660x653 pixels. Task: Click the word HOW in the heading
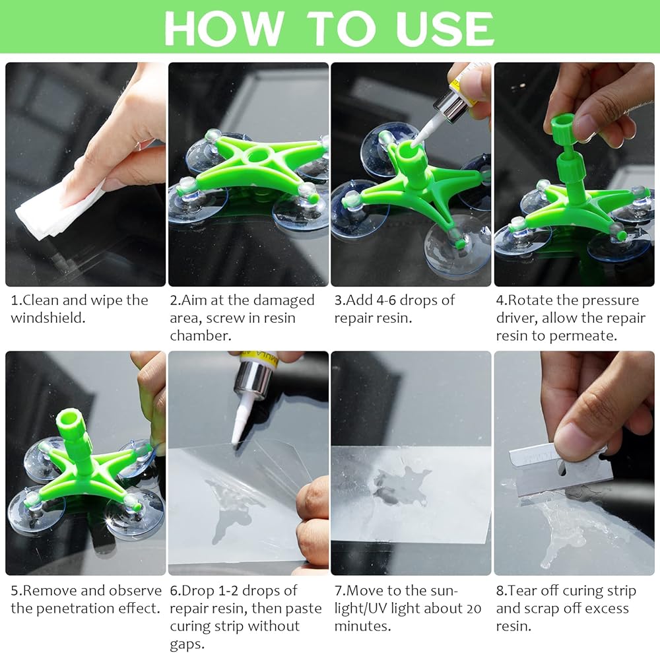[x=224, y=28]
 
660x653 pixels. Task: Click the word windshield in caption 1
[x=48, y=318]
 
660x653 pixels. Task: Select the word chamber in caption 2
[x=201, y=335]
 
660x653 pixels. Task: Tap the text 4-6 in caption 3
[x=386, y=300]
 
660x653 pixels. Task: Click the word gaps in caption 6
[x=187, y=645]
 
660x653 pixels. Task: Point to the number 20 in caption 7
[x=473, y=609]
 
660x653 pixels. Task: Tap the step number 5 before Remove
[x=15, y=591]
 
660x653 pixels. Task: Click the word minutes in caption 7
[x=362, y=627]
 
